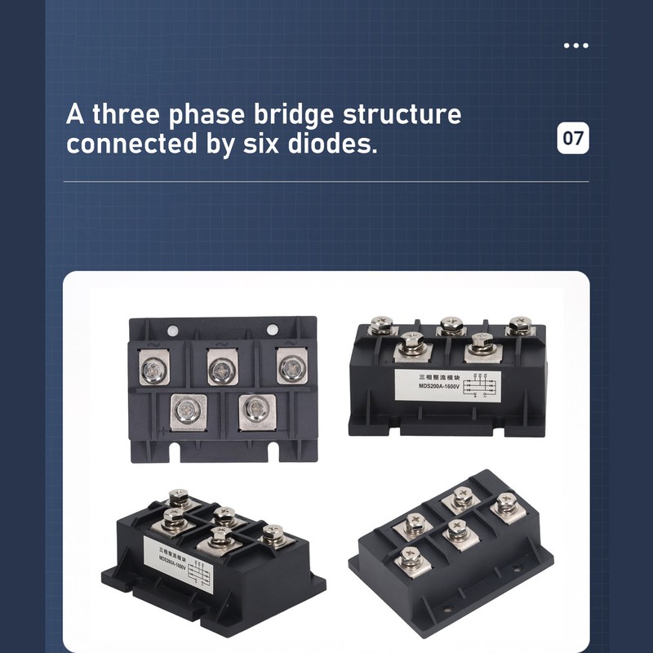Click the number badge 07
coord(573,138)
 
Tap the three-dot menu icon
coord(575,46)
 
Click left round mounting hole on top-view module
coord(172,331)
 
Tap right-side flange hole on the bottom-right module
coord(517,572)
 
